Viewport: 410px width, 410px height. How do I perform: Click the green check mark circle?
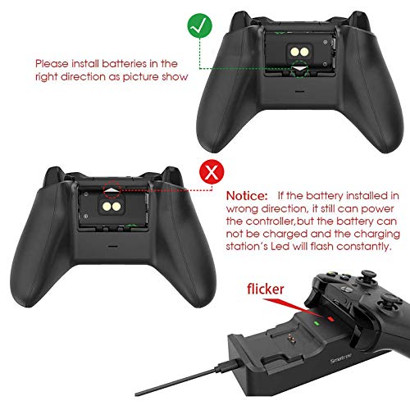tap(199, 25)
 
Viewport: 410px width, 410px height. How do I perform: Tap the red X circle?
tap(212, 172)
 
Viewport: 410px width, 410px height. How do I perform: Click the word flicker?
tap(266, 289)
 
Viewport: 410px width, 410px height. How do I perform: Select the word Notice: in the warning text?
tap(247, 196)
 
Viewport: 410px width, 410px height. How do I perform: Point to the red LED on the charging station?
tap(330, 319)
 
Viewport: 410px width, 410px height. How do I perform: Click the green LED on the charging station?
tap(317, 323)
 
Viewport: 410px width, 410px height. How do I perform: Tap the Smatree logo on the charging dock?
tap(341, 358)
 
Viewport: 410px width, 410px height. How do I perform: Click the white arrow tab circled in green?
tap(299, 68)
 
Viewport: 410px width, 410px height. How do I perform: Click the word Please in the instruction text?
tap(52, 64)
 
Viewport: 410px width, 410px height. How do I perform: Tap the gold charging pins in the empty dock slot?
tap(292, 339)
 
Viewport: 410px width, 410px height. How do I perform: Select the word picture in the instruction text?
tap(140, 77)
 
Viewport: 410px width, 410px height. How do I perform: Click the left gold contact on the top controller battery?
tap(295, 52)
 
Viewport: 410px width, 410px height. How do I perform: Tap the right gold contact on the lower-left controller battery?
tap(116, 207)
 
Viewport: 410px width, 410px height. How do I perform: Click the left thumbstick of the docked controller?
tap(368, 276)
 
